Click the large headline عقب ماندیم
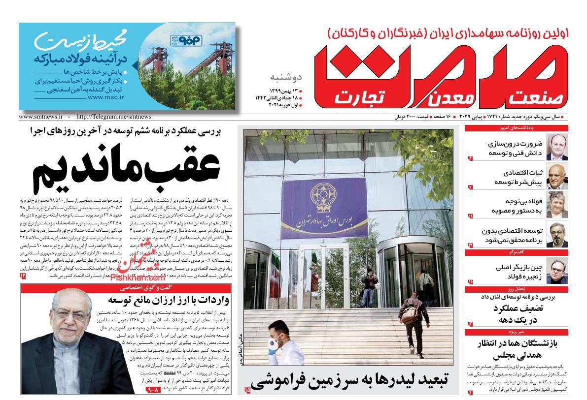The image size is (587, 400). point(127,168)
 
